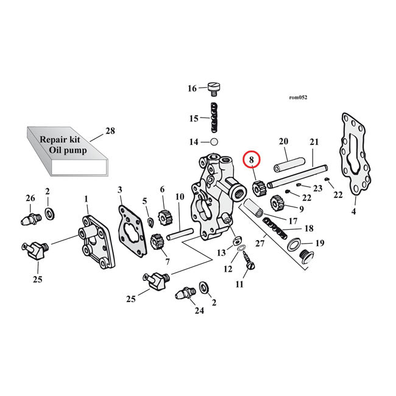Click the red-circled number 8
pyautogui.click(x=250, y=160)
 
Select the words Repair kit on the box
pyautogui.click(x=60, y=139)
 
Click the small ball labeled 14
pyautogui.click(x=213, y=142)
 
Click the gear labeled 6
pyautogui.click(x=163, y=215)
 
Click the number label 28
pyautogui.click(x=110, y=130)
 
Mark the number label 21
pyautogui.click(x=314, y=143)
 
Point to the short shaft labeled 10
pyautogui.click(x=179, y=233)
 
